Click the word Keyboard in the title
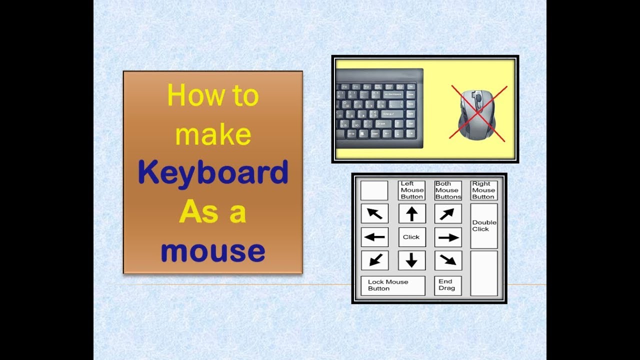click(213, 173)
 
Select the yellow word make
click(213, 133)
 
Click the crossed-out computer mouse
click(477, 114)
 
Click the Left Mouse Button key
click(412, 190)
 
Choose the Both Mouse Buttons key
click(448, 190)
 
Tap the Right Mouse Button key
click(484, 190)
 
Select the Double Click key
click(484, 226)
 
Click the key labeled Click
click(412, 237)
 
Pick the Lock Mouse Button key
click(393, 285)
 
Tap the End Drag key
click(448, 285)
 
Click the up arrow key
click(412, 213)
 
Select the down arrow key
click(412, 260)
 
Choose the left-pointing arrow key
click(374, 237)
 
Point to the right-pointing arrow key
click(448, 237)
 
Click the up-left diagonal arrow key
click(374, 213)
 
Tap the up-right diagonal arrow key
click(448, 213)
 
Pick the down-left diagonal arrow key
click(374, 260)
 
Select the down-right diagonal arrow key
click(448, 260)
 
